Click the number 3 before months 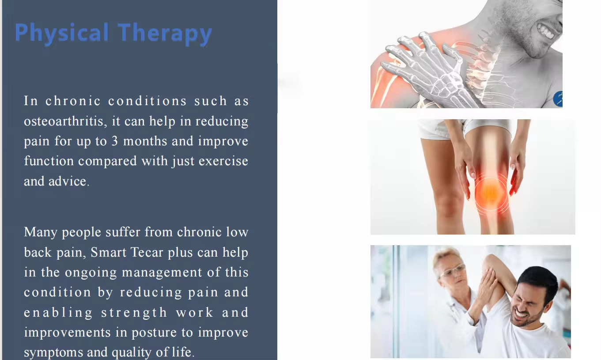(114, 141)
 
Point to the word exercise (223, 161)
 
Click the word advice (69, 181)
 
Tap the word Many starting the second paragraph (41, 232)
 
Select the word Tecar (147, 252)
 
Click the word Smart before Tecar (108, 252)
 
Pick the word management (162, 273)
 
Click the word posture (154, 333)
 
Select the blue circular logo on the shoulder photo (558, 99)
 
